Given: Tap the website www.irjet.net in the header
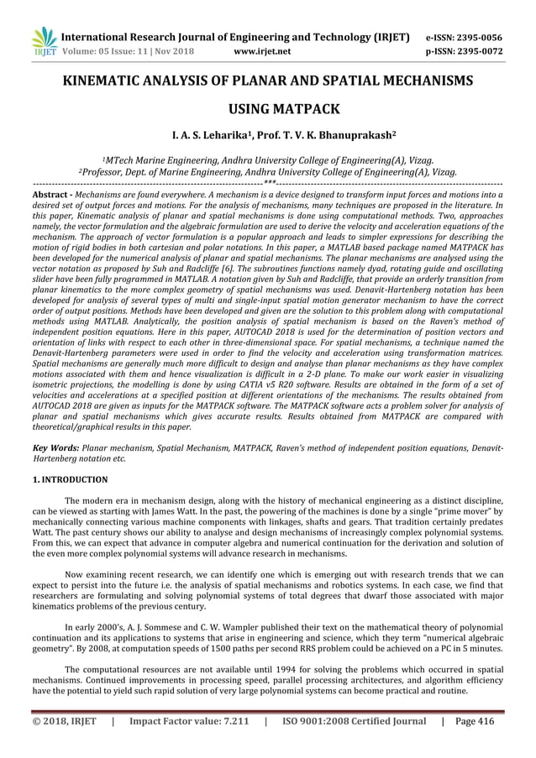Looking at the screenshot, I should [x=264, y=51].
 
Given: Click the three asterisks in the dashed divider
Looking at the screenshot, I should [x=269, y=182].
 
